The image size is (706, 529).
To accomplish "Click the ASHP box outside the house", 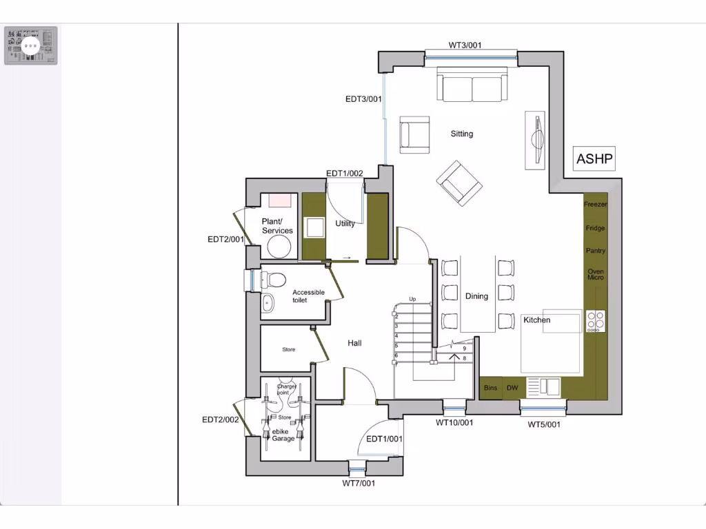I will click(x=594, y=159).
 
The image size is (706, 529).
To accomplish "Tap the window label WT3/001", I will click(x=465, y=45).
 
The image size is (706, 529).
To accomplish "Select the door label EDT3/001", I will click(x=363, y=99).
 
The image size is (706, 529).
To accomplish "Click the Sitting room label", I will click(x=462, y=134).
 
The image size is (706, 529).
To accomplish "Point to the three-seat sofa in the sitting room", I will click(x=472, y=87).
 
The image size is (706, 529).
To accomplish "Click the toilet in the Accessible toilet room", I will click(x=275, y=280).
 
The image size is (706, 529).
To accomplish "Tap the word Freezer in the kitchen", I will click(x=596, y=205).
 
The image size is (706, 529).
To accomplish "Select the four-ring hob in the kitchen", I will click(x=596, y=320).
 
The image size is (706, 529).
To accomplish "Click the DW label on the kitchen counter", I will click(x=512, y=388).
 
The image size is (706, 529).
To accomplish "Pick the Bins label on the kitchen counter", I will click(x=490, y=388).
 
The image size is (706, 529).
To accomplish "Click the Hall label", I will click(x=354, y=343).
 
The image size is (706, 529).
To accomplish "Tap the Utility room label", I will click(x=345, y=224).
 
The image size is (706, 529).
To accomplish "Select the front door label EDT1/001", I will click(x=384, y=439).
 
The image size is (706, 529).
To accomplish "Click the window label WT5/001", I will click(x=544, y=425).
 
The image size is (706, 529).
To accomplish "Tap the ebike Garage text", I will click(x=283, y=435).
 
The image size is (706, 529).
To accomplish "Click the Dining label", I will click(x=476, y=296).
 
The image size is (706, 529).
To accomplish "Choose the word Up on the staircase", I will click(x=412, y=300).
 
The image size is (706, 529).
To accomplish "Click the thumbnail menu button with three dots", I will click(x=31, y=45).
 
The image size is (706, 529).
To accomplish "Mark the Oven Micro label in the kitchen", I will click(x=596, y=274).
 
